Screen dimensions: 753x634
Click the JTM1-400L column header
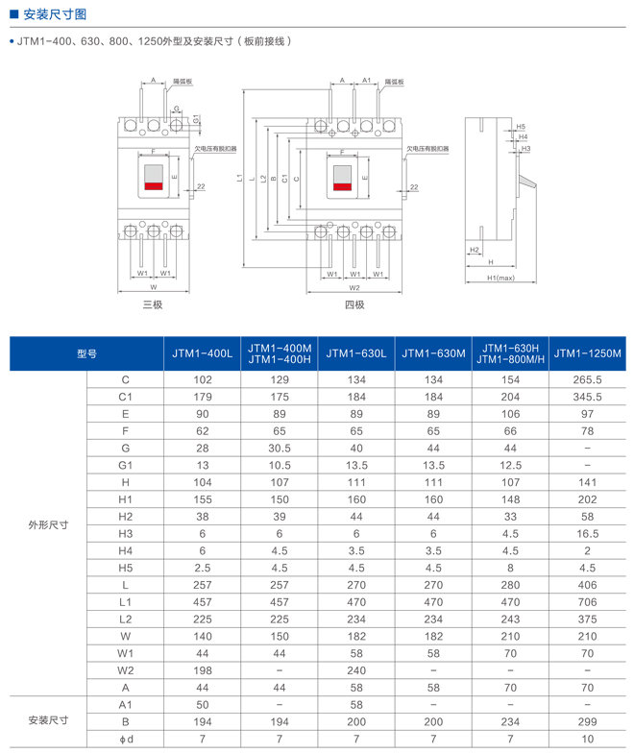coord(203,353)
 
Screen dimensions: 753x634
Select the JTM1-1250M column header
coord(587,353)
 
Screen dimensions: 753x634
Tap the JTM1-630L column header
coord(356,353)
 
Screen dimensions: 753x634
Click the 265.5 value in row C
coord(587,380)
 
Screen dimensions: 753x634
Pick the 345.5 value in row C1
coord(587,397)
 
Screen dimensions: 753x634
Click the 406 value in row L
coord(587,584)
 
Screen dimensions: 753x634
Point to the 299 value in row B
coord(587,720)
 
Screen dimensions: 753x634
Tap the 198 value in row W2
coord(203,669)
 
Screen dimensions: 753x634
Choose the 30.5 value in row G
coord(280,448)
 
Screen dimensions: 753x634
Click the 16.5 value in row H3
coord(587,533)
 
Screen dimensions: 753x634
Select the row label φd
coord(125,738)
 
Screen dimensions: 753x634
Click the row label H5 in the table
coord(125,567)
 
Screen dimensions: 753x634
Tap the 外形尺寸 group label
coord(48,524)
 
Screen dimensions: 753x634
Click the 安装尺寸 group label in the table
coord(48,720)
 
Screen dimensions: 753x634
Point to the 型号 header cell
coord(86,353)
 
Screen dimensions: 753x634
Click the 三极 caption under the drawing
coord(153,304)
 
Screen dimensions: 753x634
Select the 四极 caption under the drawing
coord(354,304)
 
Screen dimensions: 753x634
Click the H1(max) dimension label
coord(500,278)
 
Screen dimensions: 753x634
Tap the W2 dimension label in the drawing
coord(354,287)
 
